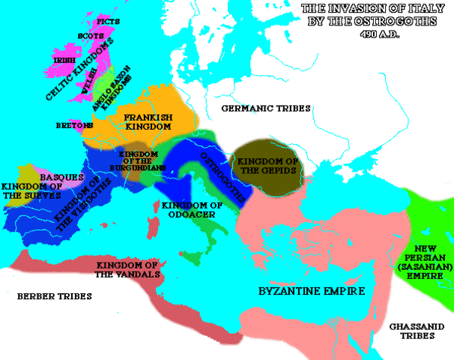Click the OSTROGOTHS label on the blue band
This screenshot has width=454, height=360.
pos(222,178)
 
